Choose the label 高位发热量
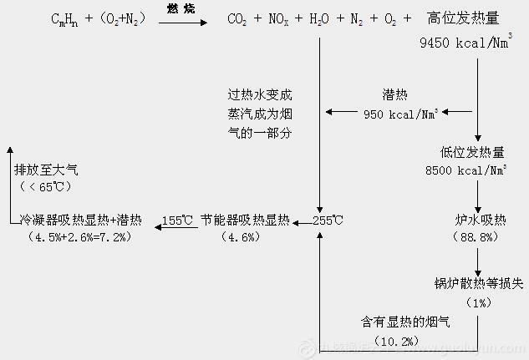463,18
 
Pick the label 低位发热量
472,153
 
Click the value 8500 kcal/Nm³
467,171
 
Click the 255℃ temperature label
328,221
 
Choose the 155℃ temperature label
177,221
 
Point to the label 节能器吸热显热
245,221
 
